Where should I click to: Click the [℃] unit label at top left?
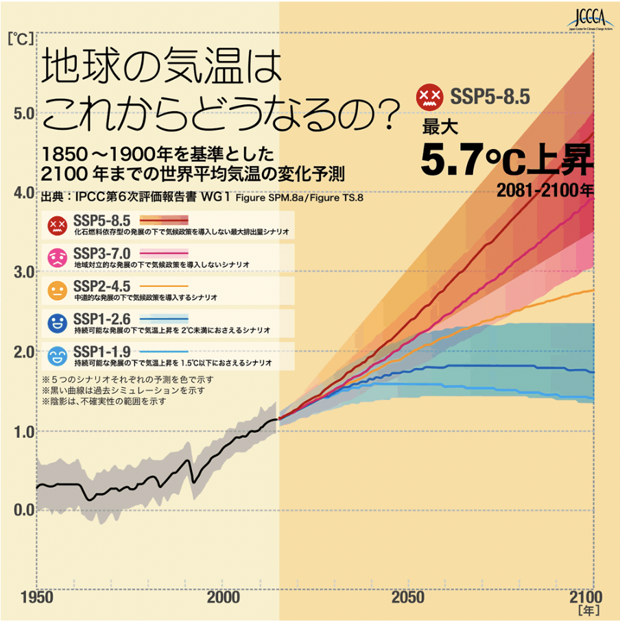coord(19,39)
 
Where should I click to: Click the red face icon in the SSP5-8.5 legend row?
coord(56,224)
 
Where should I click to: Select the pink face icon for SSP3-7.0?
coord(56,258)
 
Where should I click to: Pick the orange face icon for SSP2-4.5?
coord(56,291)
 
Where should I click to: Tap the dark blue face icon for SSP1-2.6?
coord(56,323)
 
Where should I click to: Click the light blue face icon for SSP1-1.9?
coord(56,356)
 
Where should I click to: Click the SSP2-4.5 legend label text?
coord(101,286)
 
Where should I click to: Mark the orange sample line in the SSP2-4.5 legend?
coord(163,286)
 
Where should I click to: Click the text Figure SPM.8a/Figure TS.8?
coord(298,198)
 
